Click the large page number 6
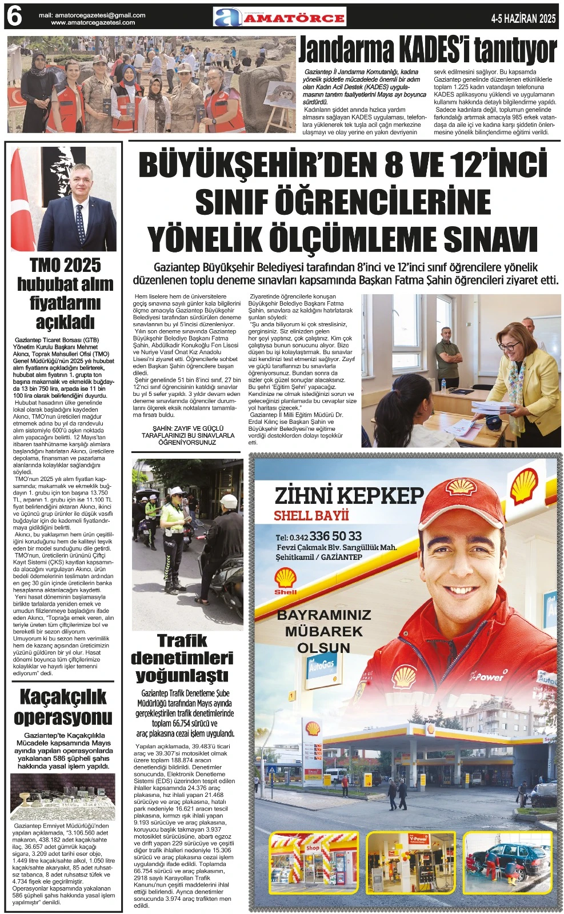coord(14,18)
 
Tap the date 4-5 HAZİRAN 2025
coord(523,19)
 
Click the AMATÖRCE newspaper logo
coord(279,17)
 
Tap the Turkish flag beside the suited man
coord(22,206)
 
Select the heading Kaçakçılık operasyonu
coord(63,707)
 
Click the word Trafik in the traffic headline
coord(182,640)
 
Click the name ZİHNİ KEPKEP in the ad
coord(349,495)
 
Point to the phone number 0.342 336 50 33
coord(326,536)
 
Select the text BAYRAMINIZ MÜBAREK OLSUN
coord(323,631)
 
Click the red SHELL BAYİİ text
coord(311,516)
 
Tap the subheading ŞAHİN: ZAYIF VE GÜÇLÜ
coord(187,428)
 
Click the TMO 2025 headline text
coord(65,266)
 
